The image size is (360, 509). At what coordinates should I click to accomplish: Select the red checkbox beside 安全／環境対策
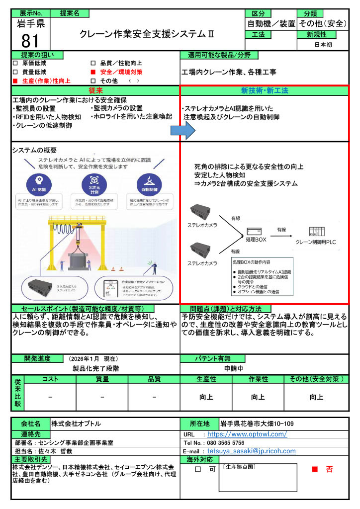[93, 72]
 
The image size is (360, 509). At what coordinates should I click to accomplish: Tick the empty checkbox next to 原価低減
[15, 64]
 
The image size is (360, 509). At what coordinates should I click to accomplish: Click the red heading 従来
[95, 90]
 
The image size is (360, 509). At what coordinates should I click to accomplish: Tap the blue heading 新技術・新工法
[264, 90]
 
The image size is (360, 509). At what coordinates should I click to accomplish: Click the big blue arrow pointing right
[181, 131]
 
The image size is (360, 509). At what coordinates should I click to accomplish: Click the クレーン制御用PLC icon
[317, 231]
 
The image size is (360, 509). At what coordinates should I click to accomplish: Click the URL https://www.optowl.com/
[247, 434]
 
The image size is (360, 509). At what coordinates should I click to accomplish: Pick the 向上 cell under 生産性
[205, 397]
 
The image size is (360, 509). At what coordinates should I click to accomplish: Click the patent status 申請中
[234, 369]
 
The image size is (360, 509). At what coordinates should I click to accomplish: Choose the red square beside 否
[314, 469]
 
